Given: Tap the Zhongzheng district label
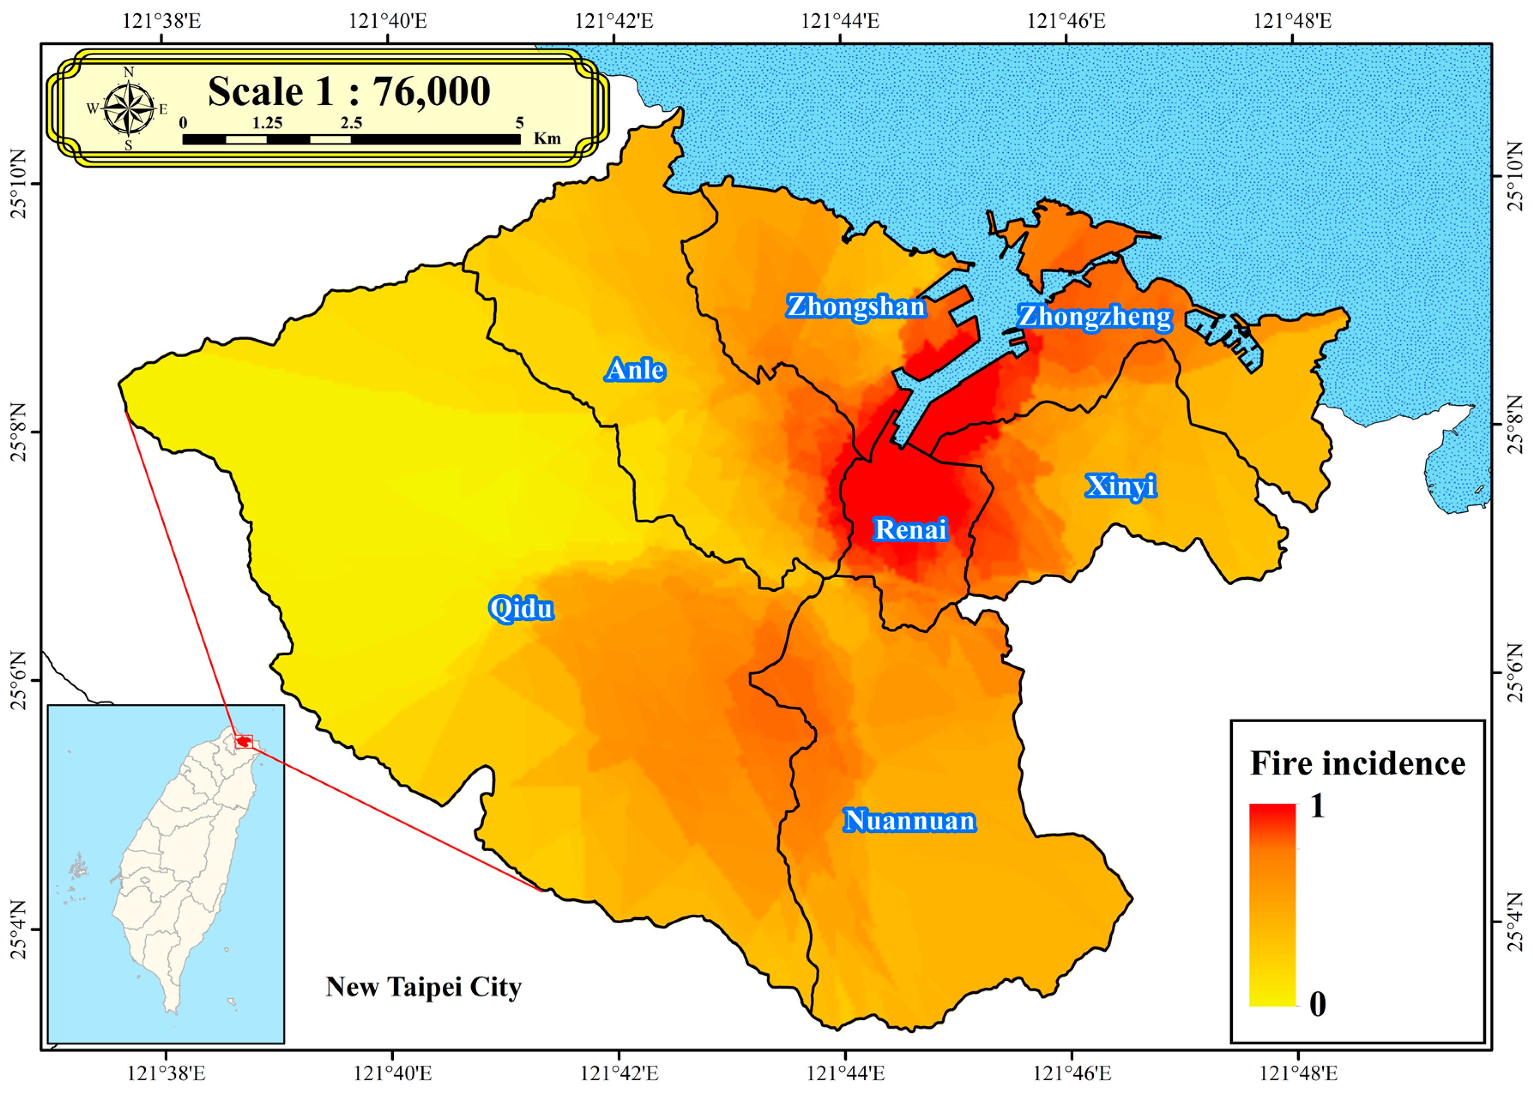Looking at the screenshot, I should pos(1095,317).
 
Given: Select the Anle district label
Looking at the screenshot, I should pos(635,370).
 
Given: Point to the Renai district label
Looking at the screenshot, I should pos(911,529).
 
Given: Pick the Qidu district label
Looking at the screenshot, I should pos(521,609).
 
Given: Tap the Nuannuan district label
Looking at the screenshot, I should pos(909,821).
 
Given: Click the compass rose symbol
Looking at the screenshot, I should pos(128,108).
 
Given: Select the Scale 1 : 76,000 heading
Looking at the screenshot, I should pos(349,91).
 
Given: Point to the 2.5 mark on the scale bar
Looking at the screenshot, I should pos(351,123).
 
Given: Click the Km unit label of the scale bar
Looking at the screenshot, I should pos(547,139).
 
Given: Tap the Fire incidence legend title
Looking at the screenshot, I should pos(1357,763).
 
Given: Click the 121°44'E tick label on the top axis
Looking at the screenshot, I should pos(840,21).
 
